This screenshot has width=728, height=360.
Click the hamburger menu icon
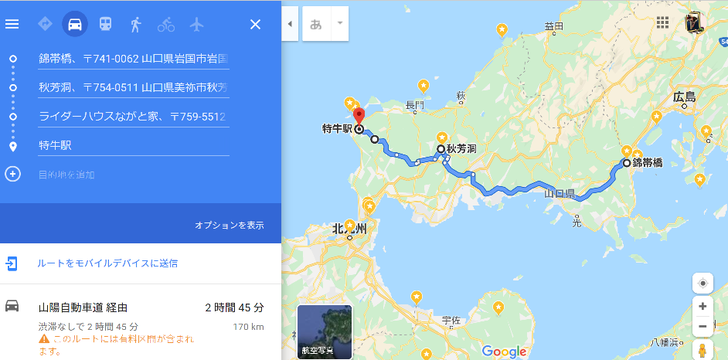pos(12,24)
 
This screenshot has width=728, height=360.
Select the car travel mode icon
pos(75,24)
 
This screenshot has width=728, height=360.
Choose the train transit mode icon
pos(105,24)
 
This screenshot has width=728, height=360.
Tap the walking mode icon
pos(136,24)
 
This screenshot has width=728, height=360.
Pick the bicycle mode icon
pos(166,24)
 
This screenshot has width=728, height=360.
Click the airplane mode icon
pos(196,24)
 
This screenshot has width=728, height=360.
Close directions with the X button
pos(256,24)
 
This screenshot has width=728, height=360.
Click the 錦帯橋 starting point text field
pos(133,59)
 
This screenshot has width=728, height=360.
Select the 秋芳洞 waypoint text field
pos(133,87)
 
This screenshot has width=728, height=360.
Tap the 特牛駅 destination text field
pos(133,145)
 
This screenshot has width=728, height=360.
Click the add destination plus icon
pos(12,174)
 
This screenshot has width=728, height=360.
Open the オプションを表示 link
pos(230,226)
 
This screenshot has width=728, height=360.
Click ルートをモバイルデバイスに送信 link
pos(107,263)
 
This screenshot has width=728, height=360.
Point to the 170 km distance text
pos(248,327)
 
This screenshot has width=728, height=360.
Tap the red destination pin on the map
pos(359,120)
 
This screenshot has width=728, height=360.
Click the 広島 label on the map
pos(684,97)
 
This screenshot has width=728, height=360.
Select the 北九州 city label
pos(350,229)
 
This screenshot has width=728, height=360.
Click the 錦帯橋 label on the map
pos(648,163)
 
